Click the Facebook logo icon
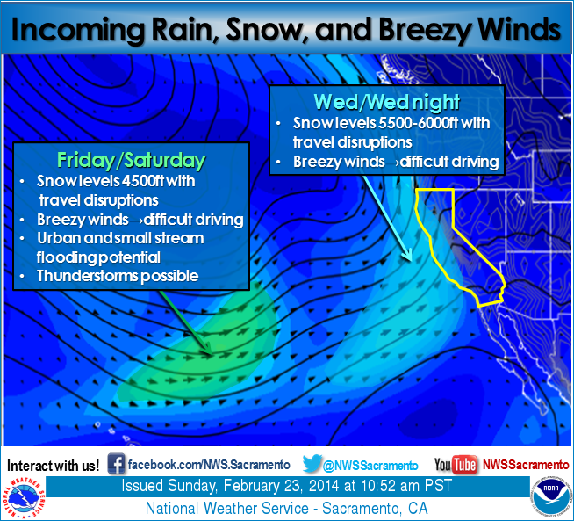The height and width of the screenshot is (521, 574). click(116, 464)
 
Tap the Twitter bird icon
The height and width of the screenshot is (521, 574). click(312, 464)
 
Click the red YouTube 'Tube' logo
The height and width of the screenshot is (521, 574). click(465, 465)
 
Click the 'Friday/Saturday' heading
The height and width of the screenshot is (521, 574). click(131, 161)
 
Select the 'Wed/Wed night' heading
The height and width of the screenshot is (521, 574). click(386, 102)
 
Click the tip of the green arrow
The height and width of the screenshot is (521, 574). click(212, 353)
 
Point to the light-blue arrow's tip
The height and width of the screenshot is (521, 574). click(412, 260)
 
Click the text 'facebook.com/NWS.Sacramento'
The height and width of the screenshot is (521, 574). click(209, 465)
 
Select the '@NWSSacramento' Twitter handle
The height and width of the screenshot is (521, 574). click(370, 466)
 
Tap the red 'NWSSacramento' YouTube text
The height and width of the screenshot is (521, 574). click(526, 465)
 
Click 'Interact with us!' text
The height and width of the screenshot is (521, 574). click(53, 466)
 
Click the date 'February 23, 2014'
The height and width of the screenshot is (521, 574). click(281, 486)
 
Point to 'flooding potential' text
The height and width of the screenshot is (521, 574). click(98, 257)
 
